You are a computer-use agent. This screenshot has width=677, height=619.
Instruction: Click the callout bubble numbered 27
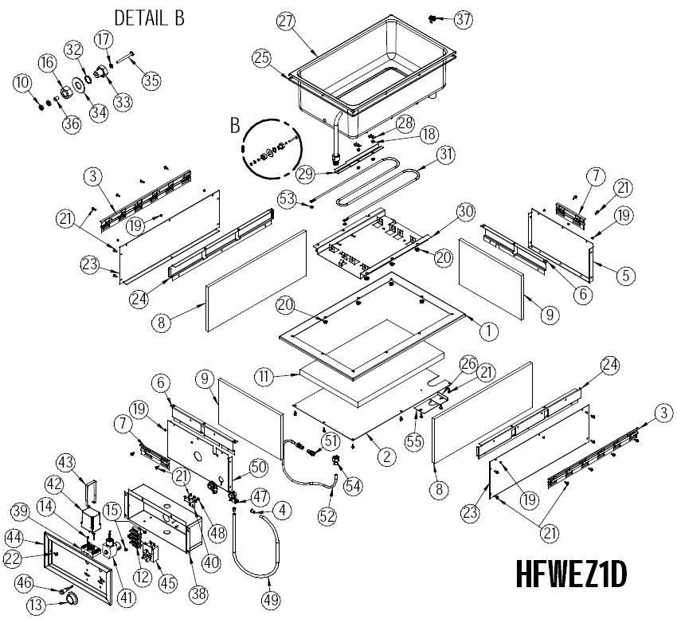point(286,21)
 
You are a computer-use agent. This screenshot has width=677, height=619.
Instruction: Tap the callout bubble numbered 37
point(464,19)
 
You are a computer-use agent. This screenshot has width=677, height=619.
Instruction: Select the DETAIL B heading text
point(150,18)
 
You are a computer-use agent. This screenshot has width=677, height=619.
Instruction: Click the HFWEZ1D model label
point(571,574)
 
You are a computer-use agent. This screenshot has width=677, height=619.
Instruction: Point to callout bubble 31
point(446,155)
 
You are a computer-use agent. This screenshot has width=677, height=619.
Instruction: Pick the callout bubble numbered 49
point(271,600)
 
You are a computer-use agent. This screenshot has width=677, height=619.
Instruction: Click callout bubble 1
point(489,331)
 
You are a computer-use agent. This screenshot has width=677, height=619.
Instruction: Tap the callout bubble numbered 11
point(264,376)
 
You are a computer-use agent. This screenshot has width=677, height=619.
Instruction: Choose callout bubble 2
point(386,456)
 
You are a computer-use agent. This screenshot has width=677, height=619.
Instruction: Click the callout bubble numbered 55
point(414,442)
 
